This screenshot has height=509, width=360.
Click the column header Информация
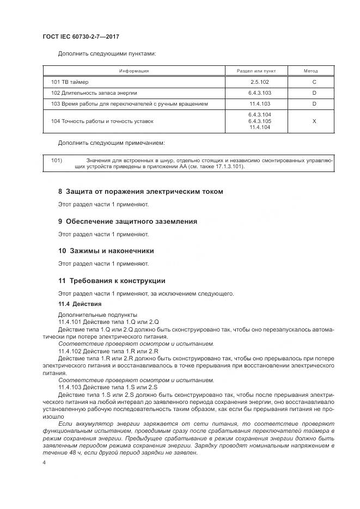coord(134,71)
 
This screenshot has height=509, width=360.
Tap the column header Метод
coord(314,71)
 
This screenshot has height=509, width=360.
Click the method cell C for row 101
coord(314,82)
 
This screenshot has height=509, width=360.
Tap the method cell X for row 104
coord(314,121)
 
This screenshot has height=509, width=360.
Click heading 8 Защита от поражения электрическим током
coord(141,192)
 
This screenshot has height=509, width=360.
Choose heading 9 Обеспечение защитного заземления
coord(127,222)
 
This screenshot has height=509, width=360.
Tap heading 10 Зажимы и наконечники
coord(106,251)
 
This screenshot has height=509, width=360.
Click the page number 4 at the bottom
coord(44,463)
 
